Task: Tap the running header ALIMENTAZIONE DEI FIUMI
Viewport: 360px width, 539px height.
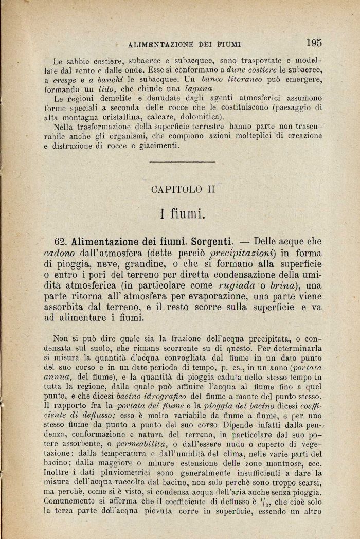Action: click(185, 45)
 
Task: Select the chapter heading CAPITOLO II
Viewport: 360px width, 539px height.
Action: click(183, 189)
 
